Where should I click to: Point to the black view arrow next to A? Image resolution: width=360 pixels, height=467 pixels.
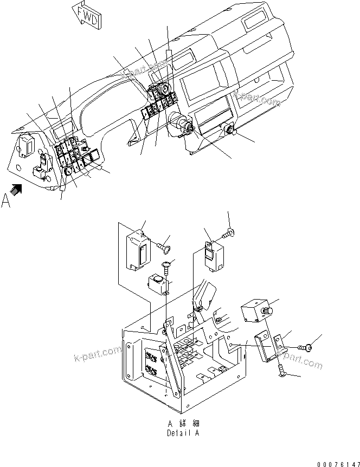pos(17,188)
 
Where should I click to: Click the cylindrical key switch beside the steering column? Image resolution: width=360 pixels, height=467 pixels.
pos(181,121)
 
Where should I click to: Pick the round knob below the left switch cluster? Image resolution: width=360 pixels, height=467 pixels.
pos(69,171)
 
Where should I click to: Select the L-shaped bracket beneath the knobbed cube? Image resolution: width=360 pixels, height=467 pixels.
pos(269,347)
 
